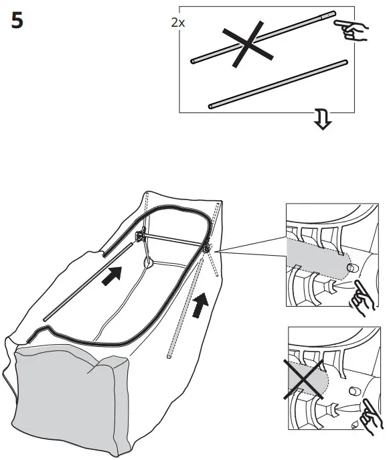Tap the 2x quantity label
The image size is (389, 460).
[177, 22]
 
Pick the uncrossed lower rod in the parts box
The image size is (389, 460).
[278, 84]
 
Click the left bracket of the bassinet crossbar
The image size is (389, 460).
[141, 236]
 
